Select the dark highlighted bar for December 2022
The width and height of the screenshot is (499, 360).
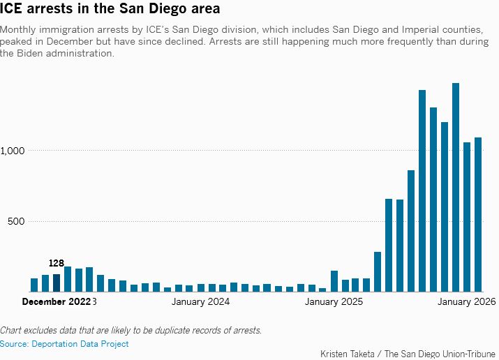click(x=57, y=283)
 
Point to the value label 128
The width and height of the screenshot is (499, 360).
click(x=57, y=263)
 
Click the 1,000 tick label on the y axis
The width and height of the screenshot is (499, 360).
click(x=13, y=151)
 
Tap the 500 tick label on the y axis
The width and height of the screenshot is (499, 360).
click(x=16, y=221)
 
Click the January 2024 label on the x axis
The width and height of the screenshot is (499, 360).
click(x=200, y=301)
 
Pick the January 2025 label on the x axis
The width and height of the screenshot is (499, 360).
click(x=334, y=301)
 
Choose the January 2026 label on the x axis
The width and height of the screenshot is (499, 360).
click(x=466, y=301)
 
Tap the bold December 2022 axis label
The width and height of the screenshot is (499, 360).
click(x=57, y=301)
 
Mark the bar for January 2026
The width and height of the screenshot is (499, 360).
click(x=467, y=217)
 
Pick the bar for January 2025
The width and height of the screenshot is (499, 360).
click(x=334, y=281)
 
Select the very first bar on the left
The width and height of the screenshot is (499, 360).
click(x=34, y=285)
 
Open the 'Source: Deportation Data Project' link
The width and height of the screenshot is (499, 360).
click(x=64, y=344)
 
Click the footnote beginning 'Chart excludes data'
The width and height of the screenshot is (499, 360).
click(x=131, y=330)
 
